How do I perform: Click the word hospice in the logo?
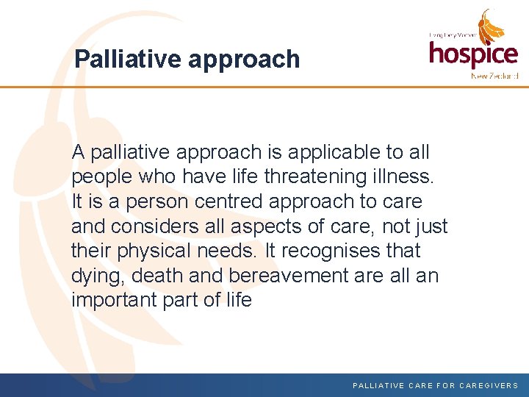[473, 54]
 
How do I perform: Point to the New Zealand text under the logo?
[494, 76]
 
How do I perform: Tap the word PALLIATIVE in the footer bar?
[378, 385]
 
